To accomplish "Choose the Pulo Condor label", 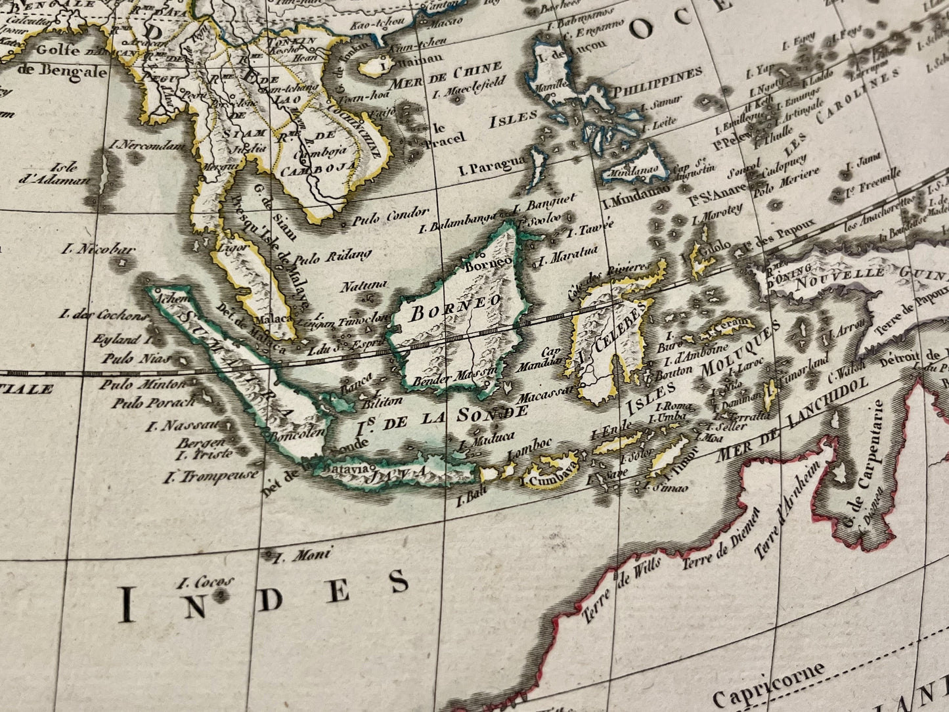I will [x=390, y=218].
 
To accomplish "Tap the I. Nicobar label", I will [x=99, y=249].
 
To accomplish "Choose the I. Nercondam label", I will [x=153, y=145].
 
